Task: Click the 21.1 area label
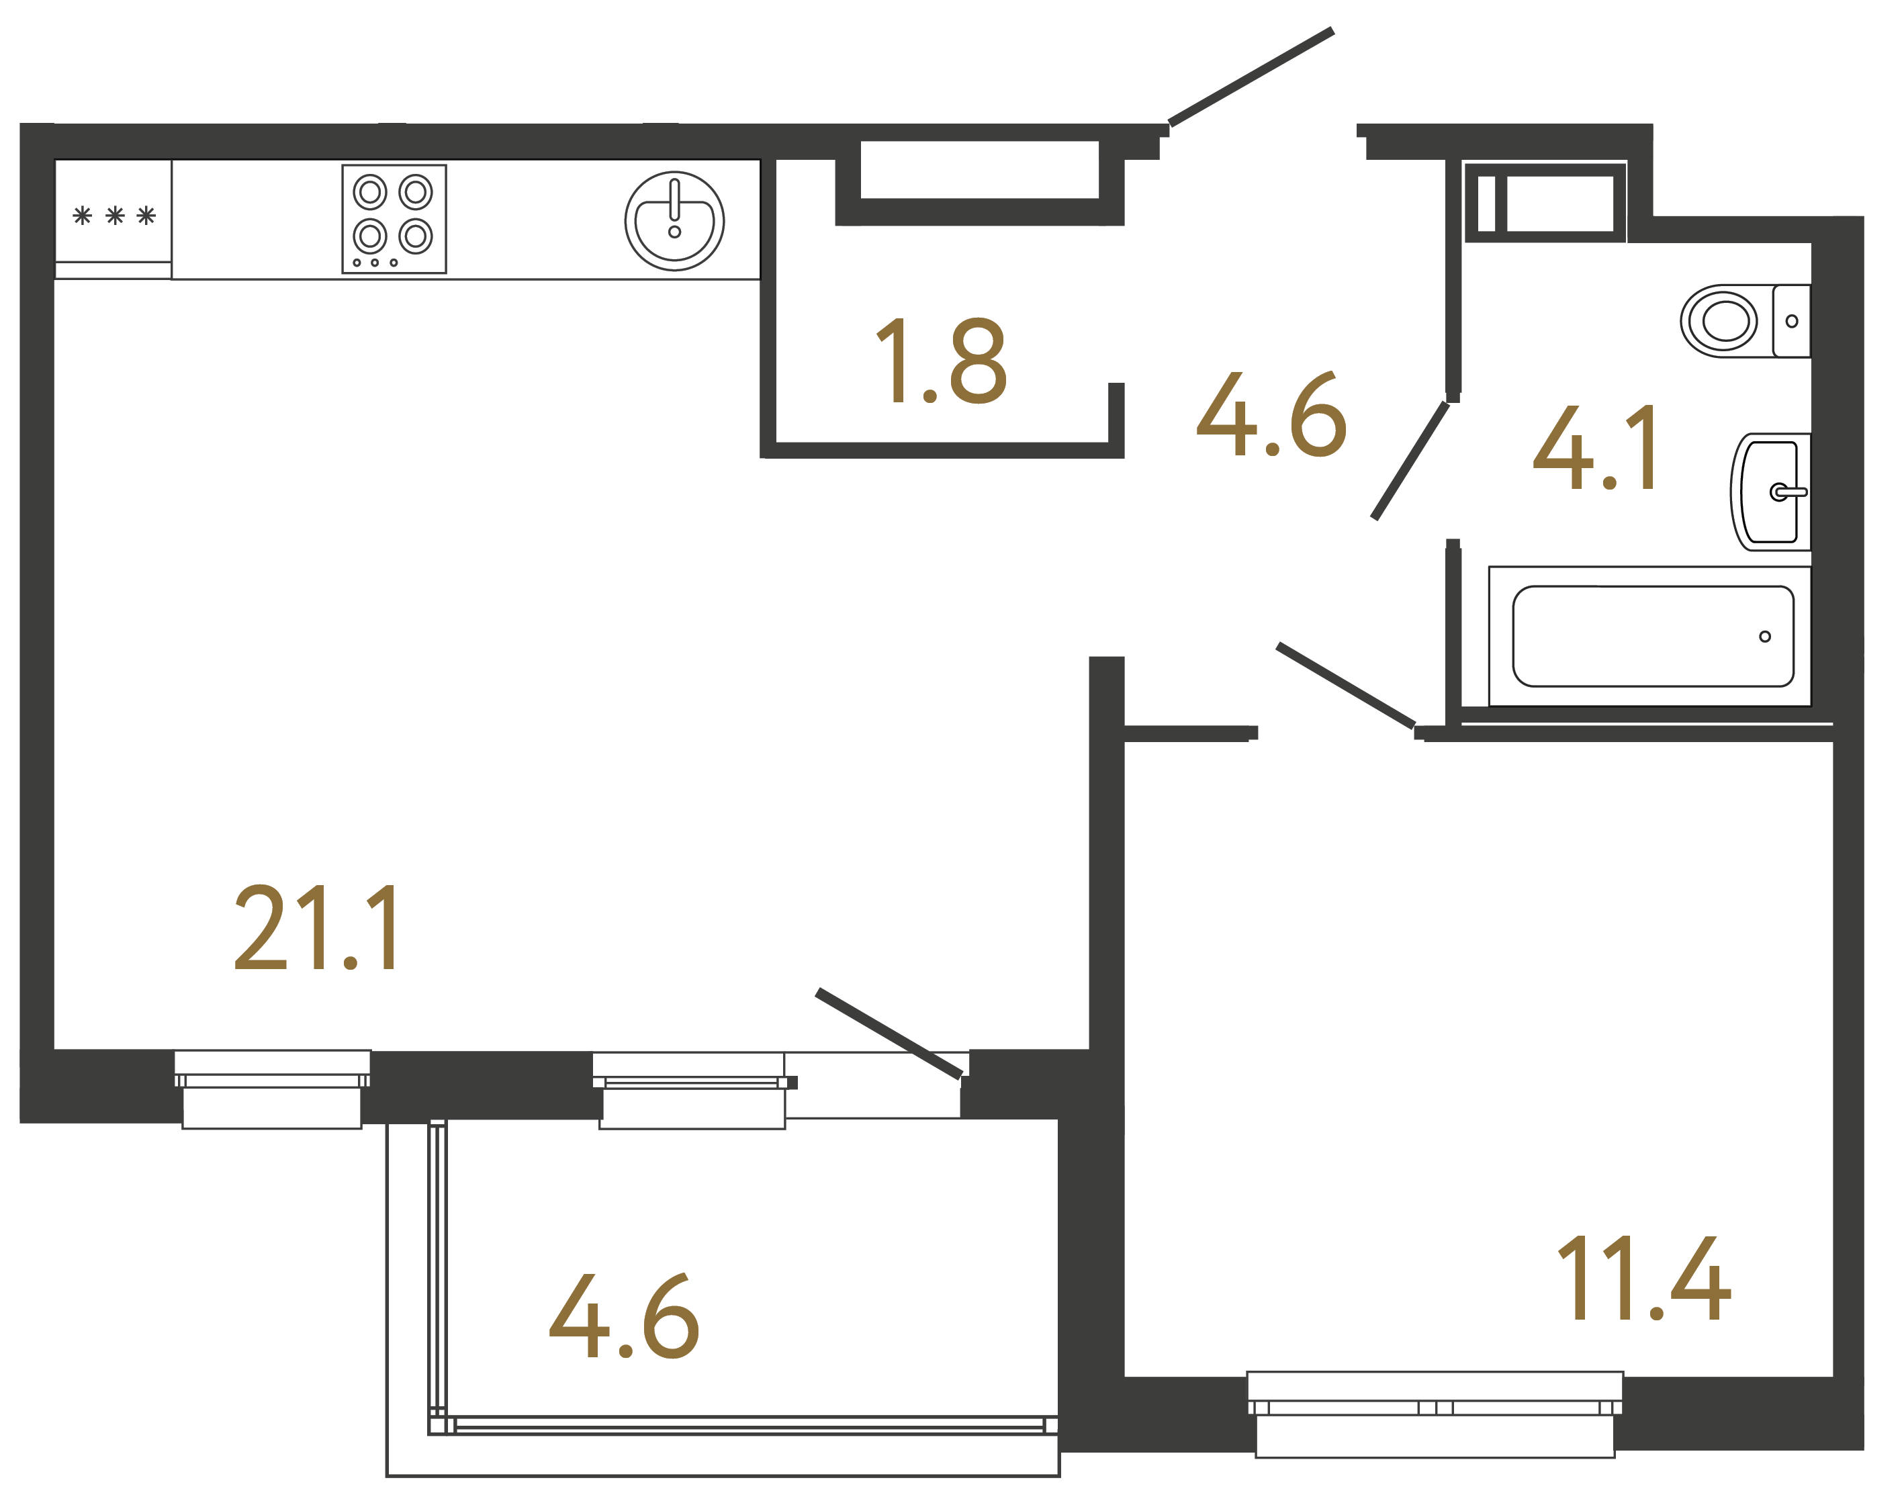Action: click(x=318, y=928)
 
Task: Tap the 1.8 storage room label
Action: click(x=940, y=360)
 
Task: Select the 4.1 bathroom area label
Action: click(x=1595, y=448)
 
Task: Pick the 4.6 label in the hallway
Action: click(x=1271, y=414)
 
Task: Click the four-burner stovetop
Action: click(x=394, y=219)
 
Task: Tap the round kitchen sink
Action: click(x=674, y=220)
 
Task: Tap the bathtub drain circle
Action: click(x=1764, y=636)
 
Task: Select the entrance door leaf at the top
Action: click(x=1251, y=77)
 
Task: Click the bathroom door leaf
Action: click(x=1410, y=461)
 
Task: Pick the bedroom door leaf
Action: click(x=1345, y=686)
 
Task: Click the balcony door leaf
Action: click(x=889, y=1033)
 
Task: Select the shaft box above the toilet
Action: click(x=1544, y=203)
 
